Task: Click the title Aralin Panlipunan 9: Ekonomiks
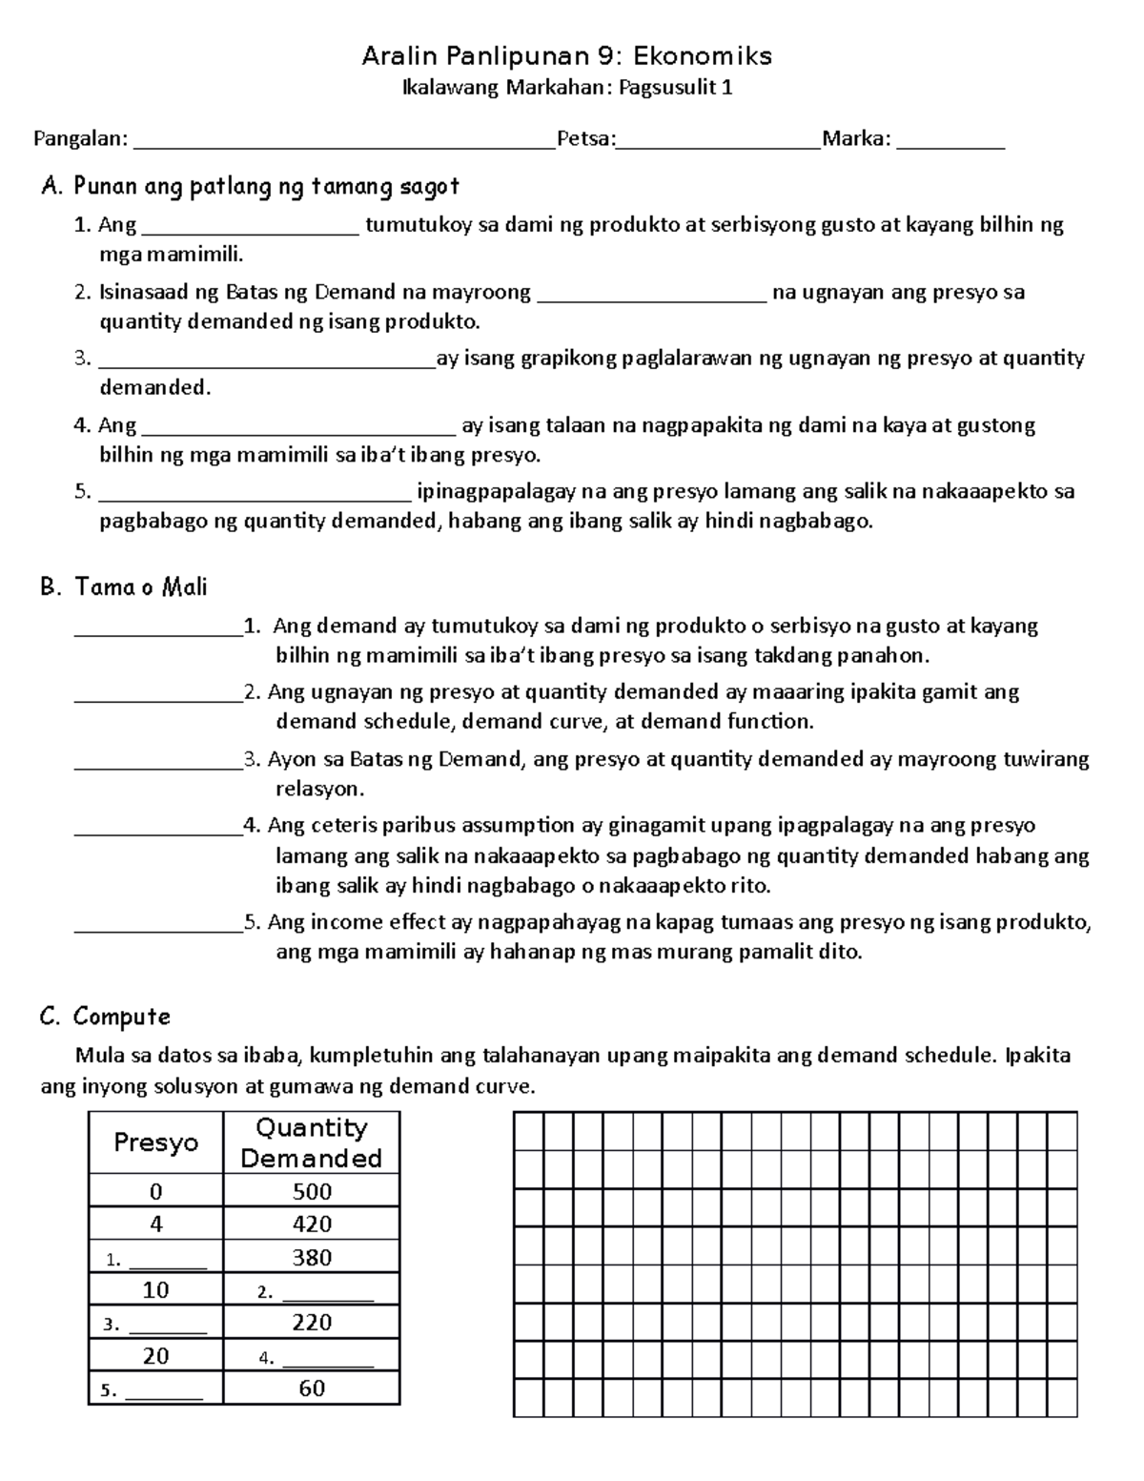click(x=567, y=56)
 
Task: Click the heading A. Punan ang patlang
click(x=250, y=186)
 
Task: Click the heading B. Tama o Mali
click(x=124, y=586)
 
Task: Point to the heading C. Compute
click(x=105, y=1017)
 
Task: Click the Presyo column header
click(x=155, y=1142)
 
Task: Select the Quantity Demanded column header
click(x=311, y=1142)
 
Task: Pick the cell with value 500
click(x=312, y=1191)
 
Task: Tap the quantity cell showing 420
click(x=312, y=1224)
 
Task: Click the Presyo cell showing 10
click(x=155, y=1290)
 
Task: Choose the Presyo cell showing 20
click(x=155, y=1356)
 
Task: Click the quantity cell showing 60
click(x=312, y=1388)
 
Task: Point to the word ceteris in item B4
click(x=336, y=826)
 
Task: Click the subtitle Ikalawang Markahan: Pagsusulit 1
click(x=567, y=89)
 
